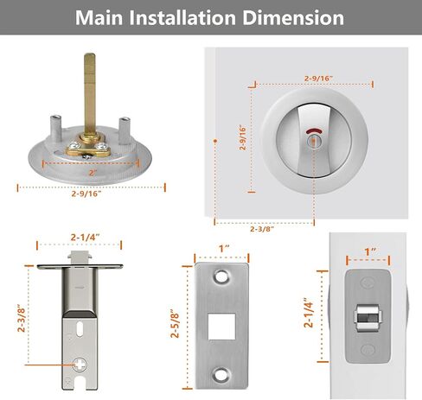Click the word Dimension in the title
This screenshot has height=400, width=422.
[293, 18]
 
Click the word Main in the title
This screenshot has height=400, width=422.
[99, 18]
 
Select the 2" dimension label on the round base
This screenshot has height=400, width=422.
[93, 173]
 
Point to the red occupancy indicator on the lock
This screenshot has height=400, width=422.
[314, 132]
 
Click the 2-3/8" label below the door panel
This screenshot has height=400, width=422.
[262, 229]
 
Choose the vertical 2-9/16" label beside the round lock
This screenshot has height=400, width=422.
[243, 137]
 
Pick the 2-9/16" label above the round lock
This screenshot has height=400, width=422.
[318, 79]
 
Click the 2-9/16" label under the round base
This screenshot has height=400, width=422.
[86, 194]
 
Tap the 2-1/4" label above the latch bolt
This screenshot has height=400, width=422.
[86, 238]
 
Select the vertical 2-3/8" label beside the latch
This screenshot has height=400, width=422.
[22, 318]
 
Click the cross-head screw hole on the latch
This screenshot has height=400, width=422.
[80, 365]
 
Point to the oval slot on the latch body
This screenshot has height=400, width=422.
[80, 329]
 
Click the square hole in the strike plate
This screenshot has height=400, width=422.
[221, 327]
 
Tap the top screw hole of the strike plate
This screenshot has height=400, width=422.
[221, 276]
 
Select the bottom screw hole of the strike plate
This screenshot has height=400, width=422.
[221, 374]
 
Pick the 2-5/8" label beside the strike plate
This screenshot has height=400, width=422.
[175, 324]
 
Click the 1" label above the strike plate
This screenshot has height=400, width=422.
[224, 249]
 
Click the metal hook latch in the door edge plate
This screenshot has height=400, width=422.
[368, 318]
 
